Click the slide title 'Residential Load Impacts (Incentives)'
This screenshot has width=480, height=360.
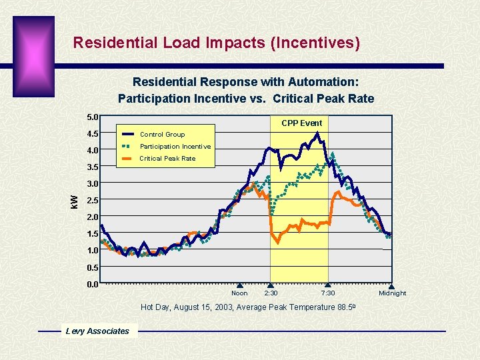pos(216,43)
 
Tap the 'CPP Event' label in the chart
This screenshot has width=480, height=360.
pos(301,123)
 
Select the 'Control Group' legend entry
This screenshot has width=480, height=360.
pos(162,134)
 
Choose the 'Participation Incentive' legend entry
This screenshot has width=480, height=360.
pos(175,146)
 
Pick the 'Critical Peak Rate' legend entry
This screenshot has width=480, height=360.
pos(167,158)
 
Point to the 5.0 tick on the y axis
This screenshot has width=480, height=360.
pos(93,117)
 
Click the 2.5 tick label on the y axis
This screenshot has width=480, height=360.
pos(93,200)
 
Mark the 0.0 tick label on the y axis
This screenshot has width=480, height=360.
pos(93,284)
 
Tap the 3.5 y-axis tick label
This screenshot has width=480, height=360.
pos(93,167)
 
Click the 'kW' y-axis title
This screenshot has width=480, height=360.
pos(75,199)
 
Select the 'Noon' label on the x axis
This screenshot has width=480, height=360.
pos(239,293)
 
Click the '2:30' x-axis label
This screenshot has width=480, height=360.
pos(271,293)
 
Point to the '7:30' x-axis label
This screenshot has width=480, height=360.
pos(328,293)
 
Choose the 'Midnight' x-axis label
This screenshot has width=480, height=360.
pos(392,293)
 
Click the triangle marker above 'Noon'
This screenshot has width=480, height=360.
pos(240,286)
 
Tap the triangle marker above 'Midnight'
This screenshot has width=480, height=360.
pos(391,286)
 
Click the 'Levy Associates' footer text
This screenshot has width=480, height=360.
pos(97,331)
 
